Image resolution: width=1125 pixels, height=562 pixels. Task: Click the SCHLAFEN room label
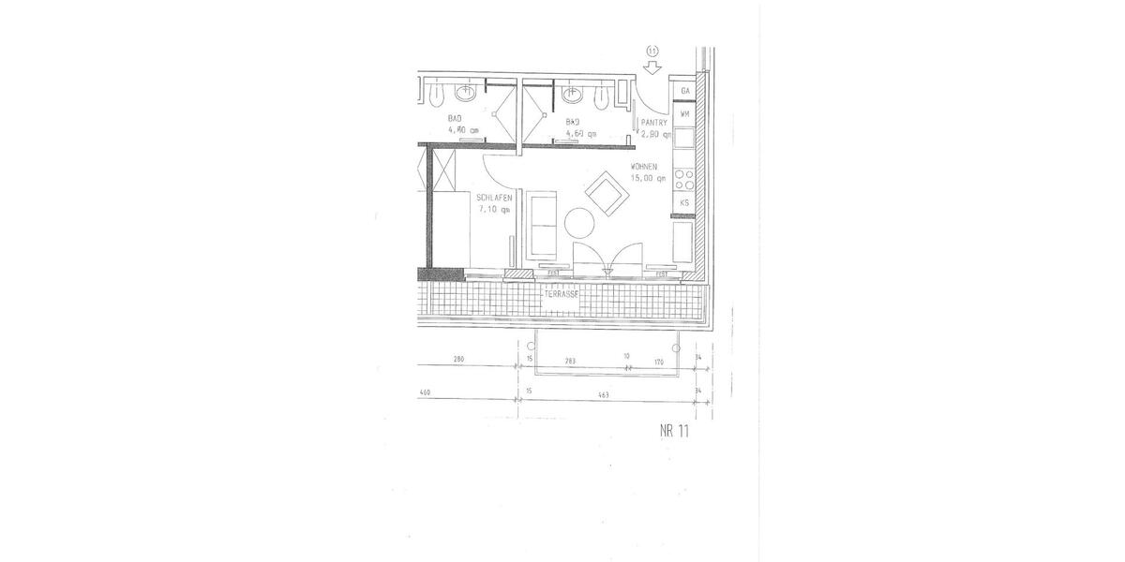(493, 199)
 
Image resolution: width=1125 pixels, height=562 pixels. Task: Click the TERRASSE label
(561, 293)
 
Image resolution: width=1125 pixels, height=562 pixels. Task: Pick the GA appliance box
(685, 91)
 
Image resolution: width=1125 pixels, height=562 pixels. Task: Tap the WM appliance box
(685, 113)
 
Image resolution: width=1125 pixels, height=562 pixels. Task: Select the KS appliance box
(685, 202)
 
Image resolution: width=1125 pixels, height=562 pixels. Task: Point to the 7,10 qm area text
(493, 210)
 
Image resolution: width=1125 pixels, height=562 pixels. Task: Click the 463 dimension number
(603, 395)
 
